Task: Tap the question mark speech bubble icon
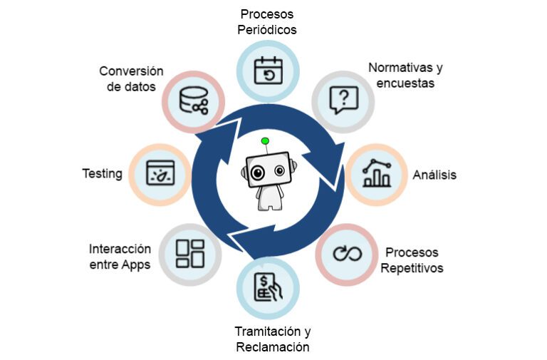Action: pyautogui.click(x=343, y=101)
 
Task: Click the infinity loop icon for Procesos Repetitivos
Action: pyautogui.click(x=347, y=253)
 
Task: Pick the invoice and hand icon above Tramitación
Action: pyautogui.click(x=268, y=288)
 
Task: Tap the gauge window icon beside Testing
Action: pyautogui.click(x=160, y=174)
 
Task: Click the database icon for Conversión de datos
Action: pyautogui.click(x=193, y=101)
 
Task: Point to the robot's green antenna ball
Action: pyautogui.click(x=265, y=141)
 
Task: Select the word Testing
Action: pyautogui.click(x=102, y=173)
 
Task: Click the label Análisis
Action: pyautogui.click(x=434, y=175)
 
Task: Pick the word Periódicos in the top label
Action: pyautogui.click(x=267, y=30)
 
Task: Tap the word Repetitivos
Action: pyautogui.click(x=412, y=268)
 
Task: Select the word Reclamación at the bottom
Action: pyautogui.click(x=273, y=347)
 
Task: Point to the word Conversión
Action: pyautogui.click(x=131, y=71)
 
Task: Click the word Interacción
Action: pyautogui.click(x=120, y=249)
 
